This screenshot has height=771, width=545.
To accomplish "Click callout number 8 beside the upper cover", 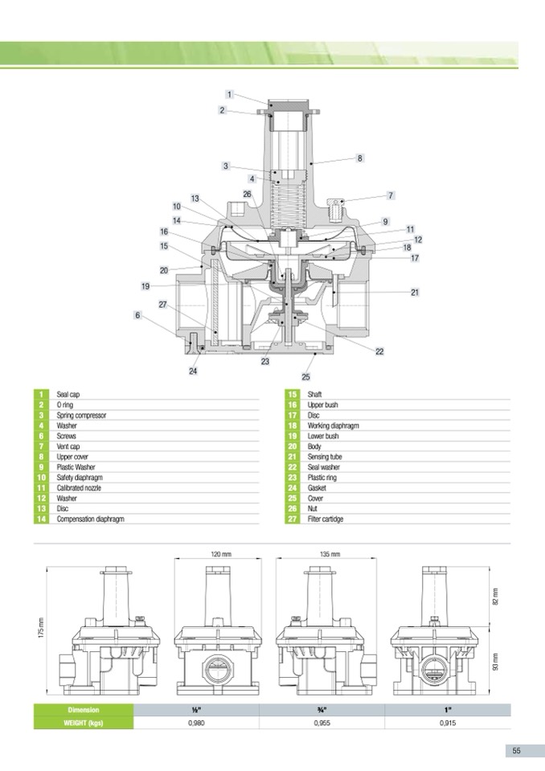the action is [x=360, y=158].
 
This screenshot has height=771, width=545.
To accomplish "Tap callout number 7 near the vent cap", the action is [x=391, y=195].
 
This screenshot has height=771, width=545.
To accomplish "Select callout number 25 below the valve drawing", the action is [x=305, y=377].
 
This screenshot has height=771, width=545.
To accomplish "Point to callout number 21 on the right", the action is [x=415, y=292].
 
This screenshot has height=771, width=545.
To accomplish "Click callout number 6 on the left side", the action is [x=137, y=315].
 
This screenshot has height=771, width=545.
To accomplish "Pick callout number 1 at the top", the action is [x=229, y=94].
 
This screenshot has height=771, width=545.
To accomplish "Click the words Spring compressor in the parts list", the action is [x=81, y=416].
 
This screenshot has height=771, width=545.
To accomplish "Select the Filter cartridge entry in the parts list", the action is [x=326, y=519].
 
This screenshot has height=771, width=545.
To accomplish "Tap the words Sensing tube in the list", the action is [x=324, y=457].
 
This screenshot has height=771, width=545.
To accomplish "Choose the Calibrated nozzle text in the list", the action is [x=79, y=488].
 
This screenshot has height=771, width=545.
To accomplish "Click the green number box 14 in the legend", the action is [x=41, y=519].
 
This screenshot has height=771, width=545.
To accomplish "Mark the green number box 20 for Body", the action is [x=293, y=446].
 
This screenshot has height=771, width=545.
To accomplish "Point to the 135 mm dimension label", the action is [x=330, y=554].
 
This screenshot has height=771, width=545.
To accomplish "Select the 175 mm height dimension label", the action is [x=41, y=629].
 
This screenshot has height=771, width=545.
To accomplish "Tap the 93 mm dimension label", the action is [x=495, y=662].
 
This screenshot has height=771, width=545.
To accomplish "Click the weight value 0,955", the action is [x=322, y=724].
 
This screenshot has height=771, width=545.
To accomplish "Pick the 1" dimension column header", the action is [x=448, y=710].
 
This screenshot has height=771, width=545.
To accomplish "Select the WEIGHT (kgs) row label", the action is [x=84, y=724].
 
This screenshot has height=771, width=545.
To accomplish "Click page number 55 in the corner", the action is [x=516, y=750].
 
